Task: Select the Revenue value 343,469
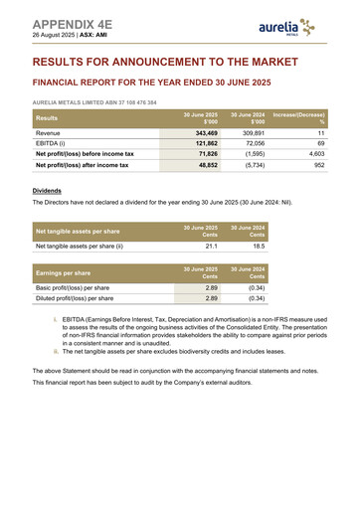(206, 132)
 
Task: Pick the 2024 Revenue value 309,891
(253, 132)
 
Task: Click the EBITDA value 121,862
(206, 143)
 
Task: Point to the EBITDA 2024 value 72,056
(255, 143)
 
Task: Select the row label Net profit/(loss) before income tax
(85, 154)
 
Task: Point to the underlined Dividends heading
(47, 189)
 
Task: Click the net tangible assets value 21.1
(211, 246)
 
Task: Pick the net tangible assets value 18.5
(258, 246)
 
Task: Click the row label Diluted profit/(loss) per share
(75, 297)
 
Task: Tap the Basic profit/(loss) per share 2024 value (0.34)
(256, 286)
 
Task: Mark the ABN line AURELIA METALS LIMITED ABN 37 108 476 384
(94, 102)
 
